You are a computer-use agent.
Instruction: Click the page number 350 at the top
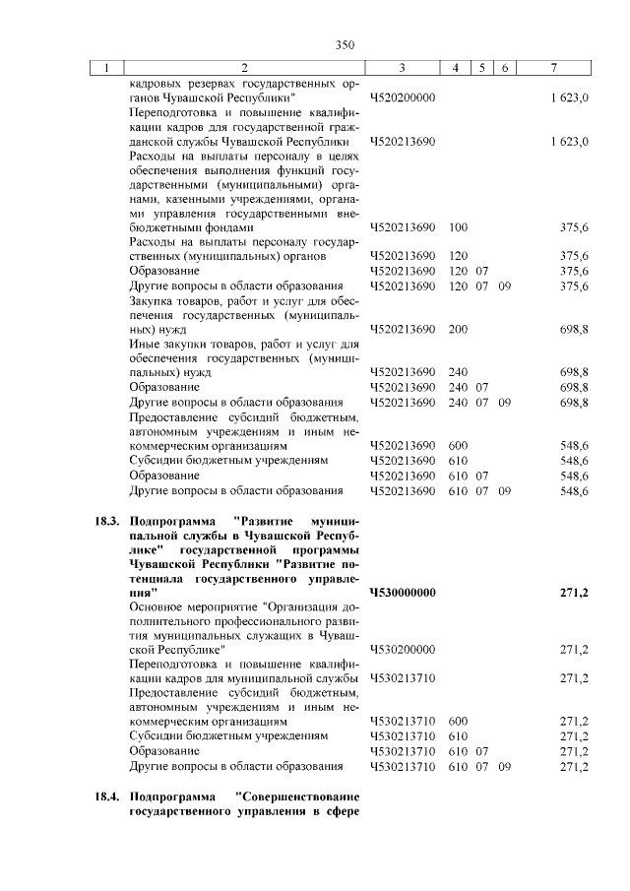344,44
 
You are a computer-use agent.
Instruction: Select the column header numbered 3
403,67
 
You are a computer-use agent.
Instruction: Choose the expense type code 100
457,227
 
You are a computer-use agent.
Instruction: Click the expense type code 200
457,329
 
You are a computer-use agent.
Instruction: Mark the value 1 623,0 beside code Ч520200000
570,98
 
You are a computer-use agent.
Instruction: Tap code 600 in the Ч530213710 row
457,722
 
